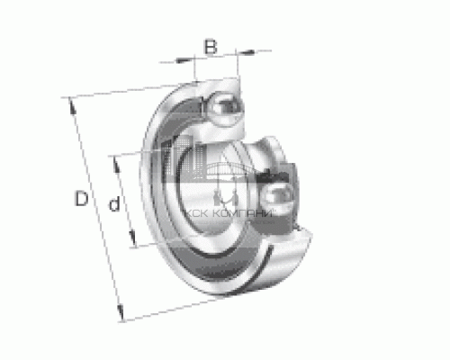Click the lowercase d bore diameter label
click(x=114, y=205)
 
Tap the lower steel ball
click(x=275, y=195)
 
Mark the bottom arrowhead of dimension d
click(x=134, y=242)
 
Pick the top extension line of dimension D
click(x=117, y=91)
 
